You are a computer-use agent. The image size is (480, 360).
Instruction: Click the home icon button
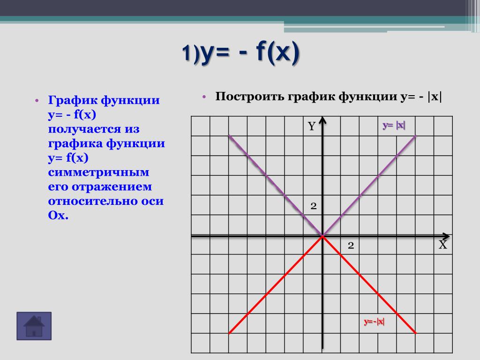(34, 326)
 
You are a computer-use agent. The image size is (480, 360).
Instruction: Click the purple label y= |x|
(394, 125)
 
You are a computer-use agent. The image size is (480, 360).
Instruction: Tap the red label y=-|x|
(374, 322)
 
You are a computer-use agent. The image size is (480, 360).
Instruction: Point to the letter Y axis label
(312, 126)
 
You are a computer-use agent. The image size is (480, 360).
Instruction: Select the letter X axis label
(442, 245)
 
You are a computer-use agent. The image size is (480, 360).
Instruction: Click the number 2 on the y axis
(314, 206)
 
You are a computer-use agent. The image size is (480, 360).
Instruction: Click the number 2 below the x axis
(351, 245)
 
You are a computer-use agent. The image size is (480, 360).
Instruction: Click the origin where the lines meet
(322, 236)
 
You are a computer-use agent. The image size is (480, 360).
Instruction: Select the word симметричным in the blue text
(98, 172)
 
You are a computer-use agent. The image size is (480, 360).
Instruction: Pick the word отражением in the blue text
(112, 187)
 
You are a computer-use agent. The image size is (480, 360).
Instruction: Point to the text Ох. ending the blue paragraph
(58, 215)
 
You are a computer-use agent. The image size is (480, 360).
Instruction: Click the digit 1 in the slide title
(187, 52)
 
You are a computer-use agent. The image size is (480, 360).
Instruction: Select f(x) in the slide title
(277, 52)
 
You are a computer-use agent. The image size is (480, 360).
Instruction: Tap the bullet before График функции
(37, 100)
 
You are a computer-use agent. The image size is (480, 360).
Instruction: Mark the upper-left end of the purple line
(229, 135)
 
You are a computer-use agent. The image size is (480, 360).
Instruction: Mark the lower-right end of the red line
(416, 333)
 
